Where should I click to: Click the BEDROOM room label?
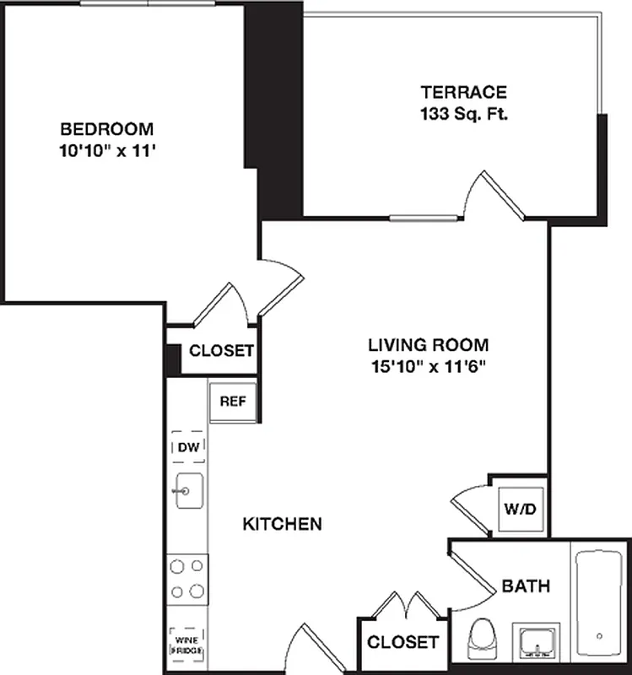pos(106,129)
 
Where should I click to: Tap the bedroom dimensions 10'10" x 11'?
pos(106,152)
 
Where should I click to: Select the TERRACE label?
pos(463,92)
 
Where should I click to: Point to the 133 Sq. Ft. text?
pos(463,114)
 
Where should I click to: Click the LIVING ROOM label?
pos(428,344)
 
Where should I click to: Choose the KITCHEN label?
pos(282,524)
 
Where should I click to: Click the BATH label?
pos(526,586)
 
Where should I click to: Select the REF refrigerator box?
pos(232,401)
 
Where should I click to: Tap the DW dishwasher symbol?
pos(187,448)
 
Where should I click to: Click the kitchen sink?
pos(187,491)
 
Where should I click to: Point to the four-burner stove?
pos(187,578)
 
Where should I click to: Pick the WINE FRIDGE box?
pos(187,645)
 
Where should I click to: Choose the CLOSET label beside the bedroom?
pos(221,351)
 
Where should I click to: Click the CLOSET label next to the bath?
pos(402,642)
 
